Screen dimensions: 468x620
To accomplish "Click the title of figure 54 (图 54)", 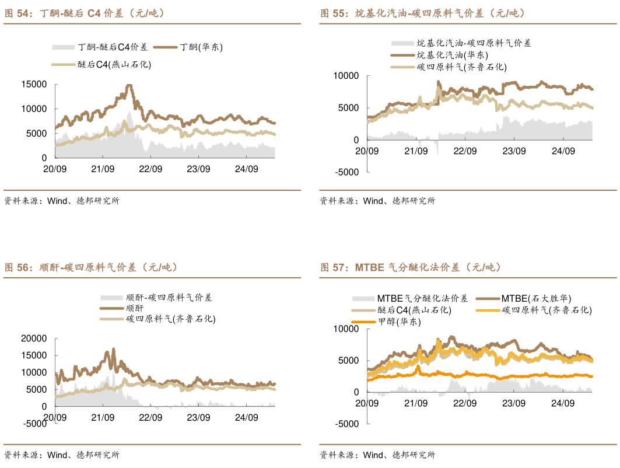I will pyautogui.click(x=85, y=13).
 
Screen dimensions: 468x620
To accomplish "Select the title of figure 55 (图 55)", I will pyautogui.click(x=422, y=13).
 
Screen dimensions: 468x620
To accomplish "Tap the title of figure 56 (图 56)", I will pyautogui.click(x=91, y=268).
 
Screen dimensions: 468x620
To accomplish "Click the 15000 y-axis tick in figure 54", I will pyautogui.click(x=34, y=85).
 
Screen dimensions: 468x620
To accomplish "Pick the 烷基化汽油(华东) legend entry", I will pyautogui.click(x=452, y=55).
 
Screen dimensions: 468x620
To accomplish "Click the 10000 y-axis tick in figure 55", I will pyautogui.click(x=346, y=76).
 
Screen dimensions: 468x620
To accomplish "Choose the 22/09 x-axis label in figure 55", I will pyautogui.click(x=465, y=151).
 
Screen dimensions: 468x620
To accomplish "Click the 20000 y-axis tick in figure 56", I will pyautogui.click(x=34, y=338).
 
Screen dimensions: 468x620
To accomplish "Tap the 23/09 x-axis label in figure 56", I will pyautogui.click(x=198, y=417).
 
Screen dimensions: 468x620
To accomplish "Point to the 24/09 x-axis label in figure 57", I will pyautogui.click(x=563, y=403).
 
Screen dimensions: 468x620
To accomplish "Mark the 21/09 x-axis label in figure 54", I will pyautogui.click(x=102, y=169).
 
